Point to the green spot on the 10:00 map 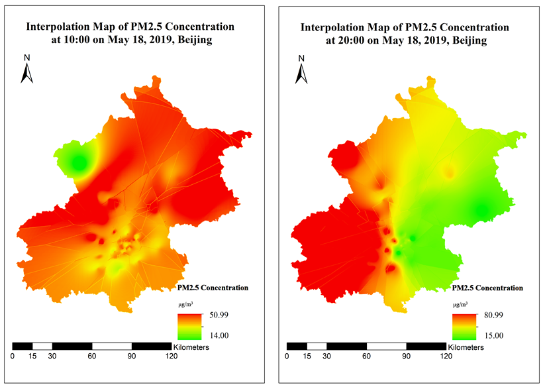[x=78, y=161]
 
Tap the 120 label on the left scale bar [x=171, y=357]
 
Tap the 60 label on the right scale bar [x=366, y=357]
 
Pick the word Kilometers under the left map [x=191, y=347]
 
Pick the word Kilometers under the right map [x=467, y=347]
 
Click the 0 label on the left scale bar [x=13, y=357]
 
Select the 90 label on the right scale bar [x=406, y=357]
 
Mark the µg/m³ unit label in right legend [x=458, y=304]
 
